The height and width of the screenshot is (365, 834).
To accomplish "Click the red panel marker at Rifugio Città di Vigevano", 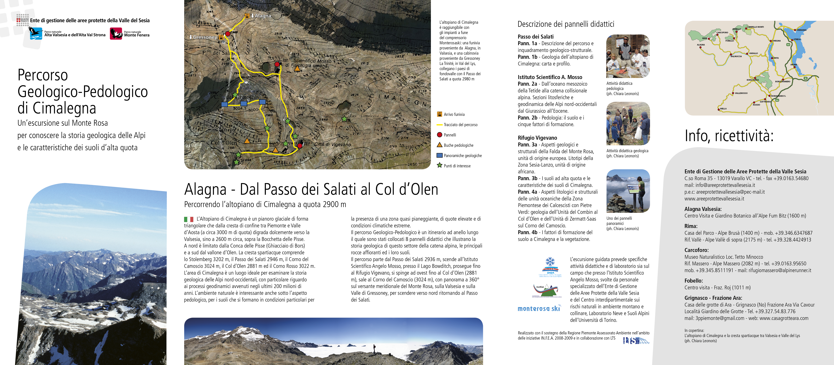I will click(x=300, y=146).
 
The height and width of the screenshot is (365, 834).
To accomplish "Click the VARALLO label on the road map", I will click(x=753, y=53).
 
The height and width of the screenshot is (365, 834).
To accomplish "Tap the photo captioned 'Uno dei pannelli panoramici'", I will click(x=628, y=191).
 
